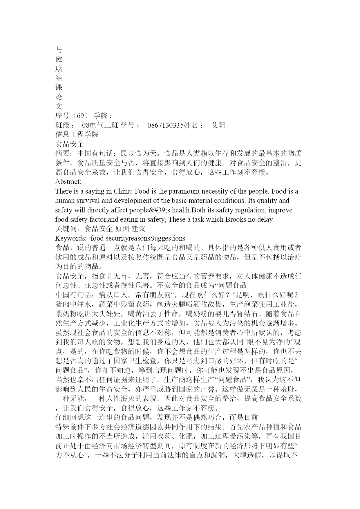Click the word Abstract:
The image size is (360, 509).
(x=68, y=182)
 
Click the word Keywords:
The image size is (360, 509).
(x=71, y=238)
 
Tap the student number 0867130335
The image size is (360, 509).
(x=165, y=125)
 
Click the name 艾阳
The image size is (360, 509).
(x=218, y=125)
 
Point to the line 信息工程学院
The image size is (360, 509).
(x=77, y=135)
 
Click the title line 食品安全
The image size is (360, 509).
(x=70, y=144)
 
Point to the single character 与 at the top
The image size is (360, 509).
(x=59, y=50)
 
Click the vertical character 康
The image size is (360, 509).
(x=59, y=69)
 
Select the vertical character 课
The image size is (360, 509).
(x=59, y=88)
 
